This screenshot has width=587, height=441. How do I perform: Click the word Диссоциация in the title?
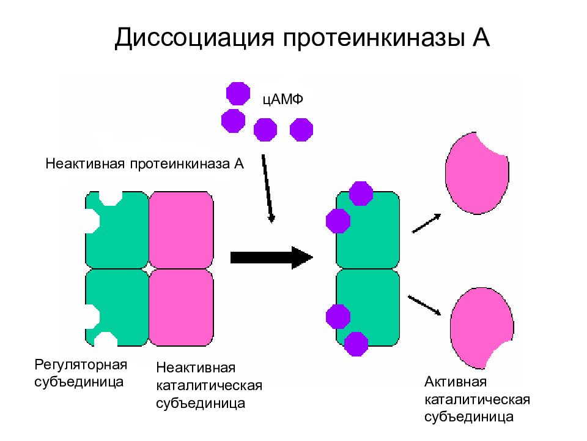[x=194, y=38]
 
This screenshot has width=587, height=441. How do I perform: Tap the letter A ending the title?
[x=481, y=37]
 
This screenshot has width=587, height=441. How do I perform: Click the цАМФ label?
[x=282, y=100]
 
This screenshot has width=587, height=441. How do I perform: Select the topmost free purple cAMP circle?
[x=238, y=93]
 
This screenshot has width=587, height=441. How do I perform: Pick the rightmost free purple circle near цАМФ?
[x=301, y=130]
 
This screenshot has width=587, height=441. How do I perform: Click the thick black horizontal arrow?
[x=271, y=258]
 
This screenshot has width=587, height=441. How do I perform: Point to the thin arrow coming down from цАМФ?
[x=268, y=189]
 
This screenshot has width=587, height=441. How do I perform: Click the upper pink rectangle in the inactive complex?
[x=181, y=230]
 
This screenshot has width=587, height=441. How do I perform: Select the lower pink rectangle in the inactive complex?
[x=181, y=307]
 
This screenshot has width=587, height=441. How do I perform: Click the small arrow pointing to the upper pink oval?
[x=426, y=224]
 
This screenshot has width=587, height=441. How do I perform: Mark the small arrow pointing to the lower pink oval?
[x=424, y=305]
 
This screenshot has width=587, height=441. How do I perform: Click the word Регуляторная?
[x=81, y=364]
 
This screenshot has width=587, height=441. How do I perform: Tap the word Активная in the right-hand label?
[x=456, y=382]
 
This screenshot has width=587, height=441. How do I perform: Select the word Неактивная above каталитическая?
[x=196, y=367]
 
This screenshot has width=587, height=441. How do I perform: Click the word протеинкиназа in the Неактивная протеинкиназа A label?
[x=180, y=164]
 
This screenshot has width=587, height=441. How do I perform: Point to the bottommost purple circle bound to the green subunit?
[x=356, y=344]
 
